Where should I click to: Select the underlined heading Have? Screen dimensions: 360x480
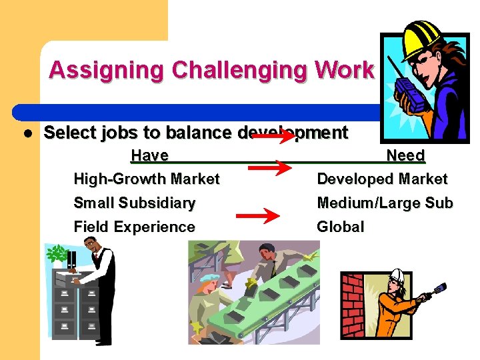(149, 155)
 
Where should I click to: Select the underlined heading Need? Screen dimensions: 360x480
(405, 155)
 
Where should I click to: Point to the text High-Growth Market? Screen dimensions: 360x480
(146, 179)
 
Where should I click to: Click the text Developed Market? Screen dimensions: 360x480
(382, 179)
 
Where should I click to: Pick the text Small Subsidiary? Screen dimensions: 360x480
(134, 203)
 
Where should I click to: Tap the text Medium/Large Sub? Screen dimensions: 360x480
(385, 203)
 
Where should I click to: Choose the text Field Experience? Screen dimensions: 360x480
(134, 227)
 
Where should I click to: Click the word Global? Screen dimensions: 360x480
(340, 227)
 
